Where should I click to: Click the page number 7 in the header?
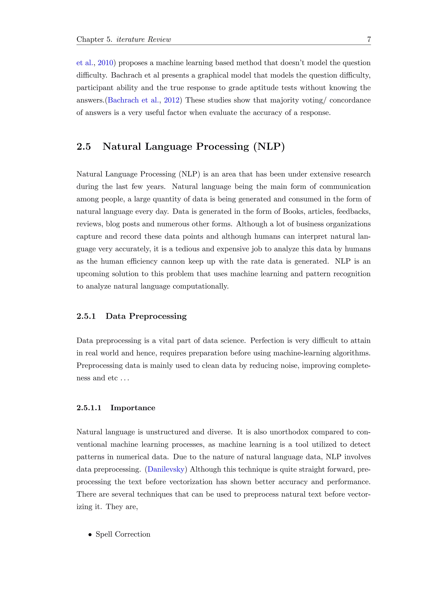tap(369, 40)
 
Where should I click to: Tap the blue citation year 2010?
tap(105, 63)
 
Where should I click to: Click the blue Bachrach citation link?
tap(123, 100)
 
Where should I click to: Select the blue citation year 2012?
tap(171, 100)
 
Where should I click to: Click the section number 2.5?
tap(84, 147)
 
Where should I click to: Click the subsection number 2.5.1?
tap(86, 316)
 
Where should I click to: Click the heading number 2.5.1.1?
tap(89, 408)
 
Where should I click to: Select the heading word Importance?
tap(133, 408)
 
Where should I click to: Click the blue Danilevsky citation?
tap(166, 469)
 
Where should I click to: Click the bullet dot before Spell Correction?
tap(90, 535)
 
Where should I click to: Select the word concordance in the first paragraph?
tap(350, 100)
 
